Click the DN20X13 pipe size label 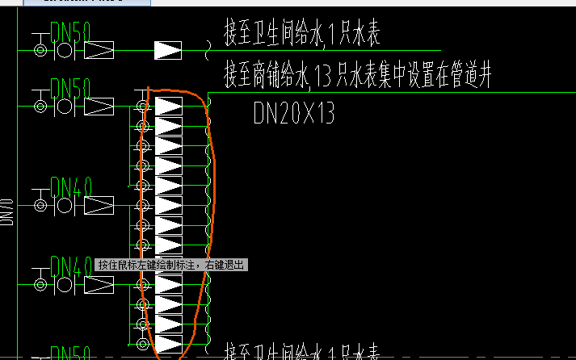[x=293, y=113]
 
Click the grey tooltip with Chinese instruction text [x=170, y=265]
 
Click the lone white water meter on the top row [x=168, y=50]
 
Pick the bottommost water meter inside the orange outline [x=168, y=344]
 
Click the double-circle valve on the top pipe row [x=40, y=51]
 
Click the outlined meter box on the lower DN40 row [x=99, y=285]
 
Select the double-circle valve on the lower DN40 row [x=40, y=285]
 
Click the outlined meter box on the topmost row [x=99, y=51]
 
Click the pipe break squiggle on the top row [x=207, y=51]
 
